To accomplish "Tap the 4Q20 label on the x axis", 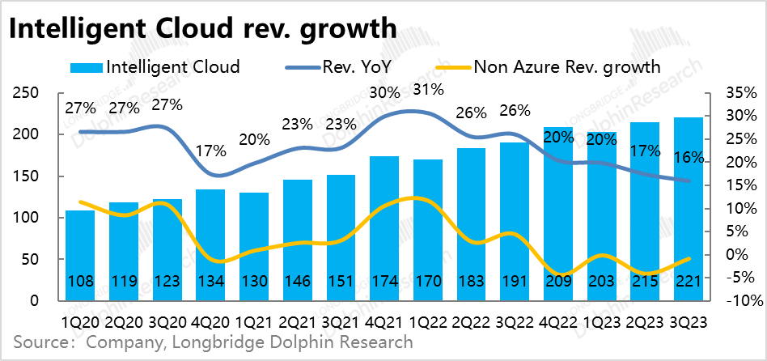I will pos(210,321).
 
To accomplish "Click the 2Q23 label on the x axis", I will pos(645,321).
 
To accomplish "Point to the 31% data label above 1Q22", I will pos(428,89).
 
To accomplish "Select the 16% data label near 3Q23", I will pos(689,158).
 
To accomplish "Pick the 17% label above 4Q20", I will pos(210,151).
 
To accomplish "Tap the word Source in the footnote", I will pos(40,343).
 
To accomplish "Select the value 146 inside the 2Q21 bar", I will pos(297,283).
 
